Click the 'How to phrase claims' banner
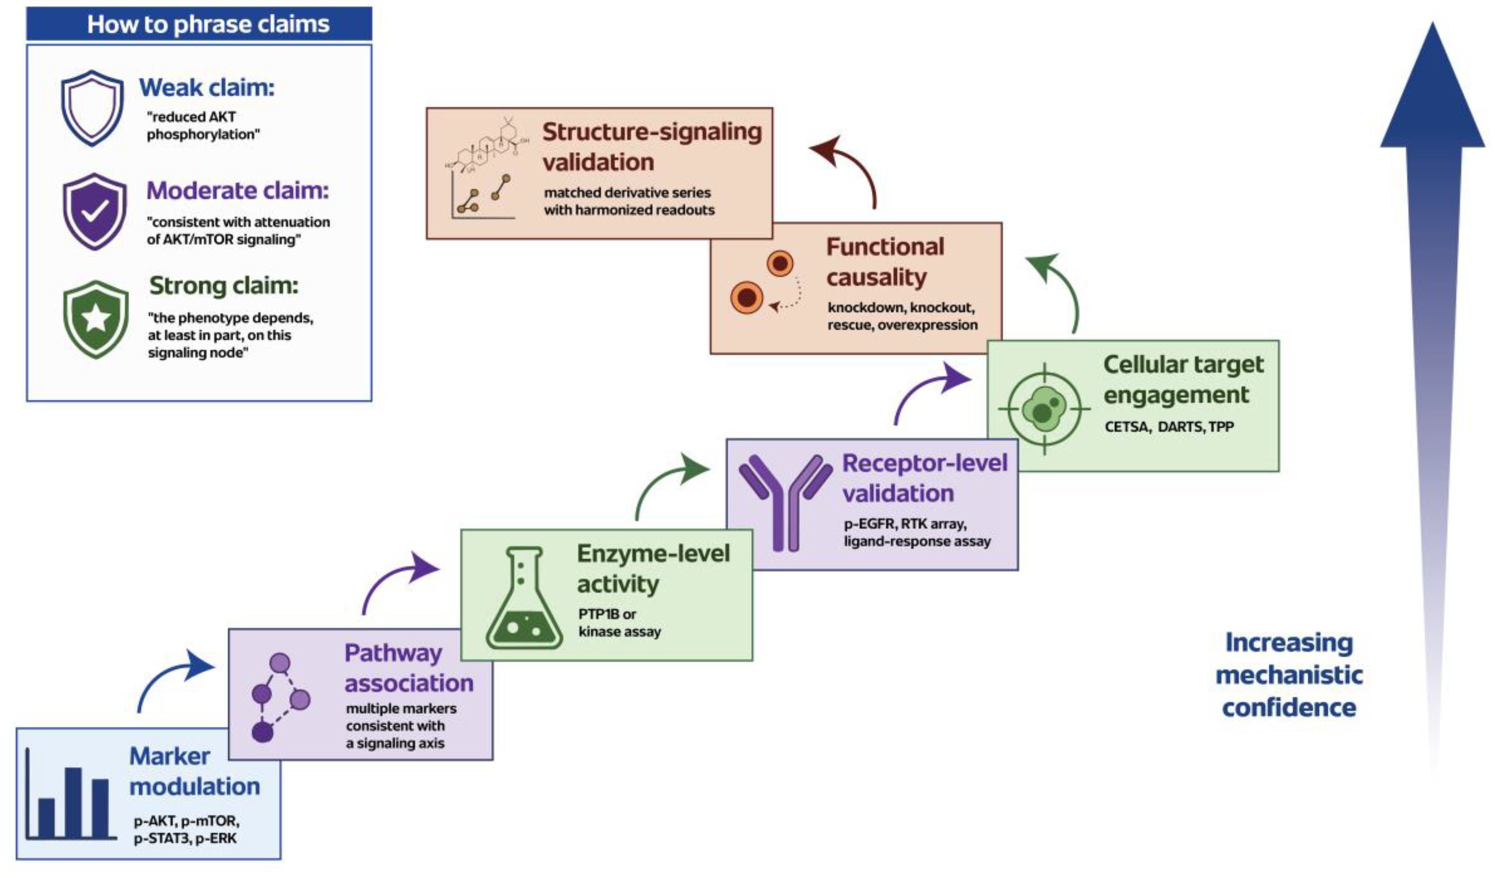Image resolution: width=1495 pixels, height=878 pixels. (200, 24)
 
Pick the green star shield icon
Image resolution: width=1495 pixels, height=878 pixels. (95, 319)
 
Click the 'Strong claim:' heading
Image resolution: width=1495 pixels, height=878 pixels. (224, 286)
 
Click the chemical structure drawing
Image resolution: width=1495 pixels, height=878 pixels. (486, 145)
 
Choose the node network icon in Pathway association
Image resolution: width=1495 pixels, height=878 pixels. (280, 698)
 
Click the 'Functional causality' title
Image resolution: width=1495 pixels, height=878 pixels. (885, 262)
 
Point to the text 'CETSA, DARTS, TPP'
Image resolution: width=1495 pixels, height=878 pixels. (1169, 427)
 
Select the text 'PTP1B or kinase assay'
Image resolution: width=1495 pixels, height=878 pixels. (620, 623)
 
